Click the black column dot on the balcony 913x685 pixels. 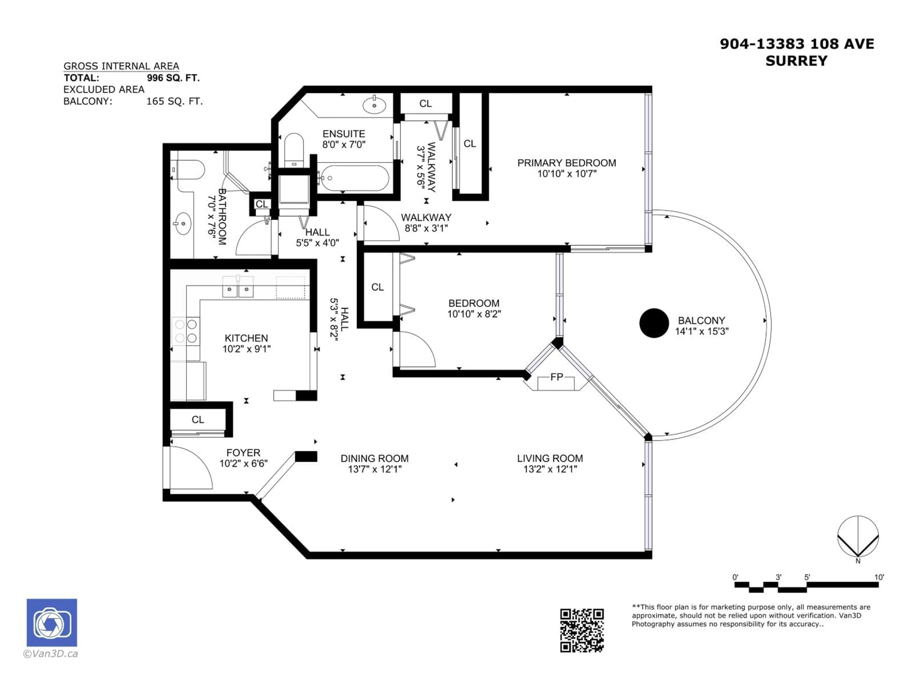click(x=654, y=323)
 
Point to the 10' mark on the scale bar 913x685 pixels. click(x=879, y=577)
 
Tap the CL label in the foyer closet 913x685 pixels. click(x=198, y=420)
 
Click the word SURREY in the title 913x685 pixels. click(x=796, y=61)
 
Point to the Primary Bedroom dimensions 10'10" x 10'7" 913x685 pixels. click(x=567, y=174)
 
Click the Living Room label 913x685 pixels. click(x=550, y=458)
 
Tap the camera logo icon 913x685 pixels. click(x=52, y=623)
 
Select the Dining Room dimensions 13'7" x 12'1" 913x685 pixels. click(x=374, y=469)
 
